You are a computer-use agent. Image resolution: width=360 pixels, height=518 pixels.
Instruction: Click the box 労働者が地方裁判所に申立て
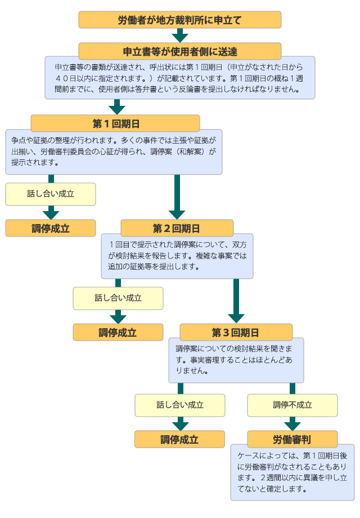[179, 20]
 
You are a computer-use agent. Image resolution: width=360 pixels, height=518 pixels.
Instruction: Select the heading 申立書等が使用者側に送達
[179, 51]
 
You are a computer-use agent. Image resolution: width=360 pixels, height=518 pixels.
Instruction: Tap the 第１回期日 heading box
[115, 123]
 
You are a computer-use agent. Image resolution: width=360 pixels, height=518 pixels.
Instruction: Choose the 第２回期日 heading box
[177, 228]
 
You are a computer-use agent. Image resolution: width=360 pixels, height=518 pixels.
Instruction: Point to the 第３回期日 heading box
[236, 332]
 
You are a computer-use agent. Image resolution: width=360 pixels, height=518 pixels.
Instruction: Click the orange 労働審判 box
[292, 439]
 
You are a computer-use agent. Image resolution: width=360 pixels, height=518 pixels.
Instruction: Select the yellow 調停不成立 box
[292, 405]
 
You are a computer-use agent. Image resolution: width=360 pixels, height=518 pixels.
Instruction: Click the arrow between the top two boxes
[179, 35]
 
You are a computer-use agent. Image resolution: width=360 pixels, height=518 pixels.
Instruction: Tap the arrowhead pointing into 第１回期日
[116, 108]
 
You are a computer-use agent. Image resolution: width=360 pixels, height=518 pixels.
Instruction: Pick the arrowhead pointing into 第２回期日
[177, 213]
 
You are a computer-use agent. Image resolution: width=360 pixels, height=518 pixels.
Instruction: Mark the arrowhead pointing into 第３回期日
[236, 317]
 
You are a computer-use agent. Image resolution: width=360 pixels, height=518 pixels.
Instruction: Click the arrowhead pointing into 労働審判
[292, 425]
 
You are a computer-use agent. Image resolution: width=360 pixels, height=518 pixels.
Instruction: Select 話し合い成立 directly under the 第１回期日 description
[51, 194]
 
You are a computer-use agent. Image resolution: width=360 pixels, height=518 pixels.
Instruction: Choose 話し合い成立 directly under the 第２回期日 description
[118, 298]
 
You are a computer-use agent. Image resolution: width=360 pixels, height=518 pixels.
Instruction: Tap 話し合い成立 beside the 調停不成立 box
[179, 405]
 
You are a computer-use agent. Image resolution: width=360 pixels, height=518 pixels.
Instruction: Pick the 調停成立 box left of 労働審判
[179, 439]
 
